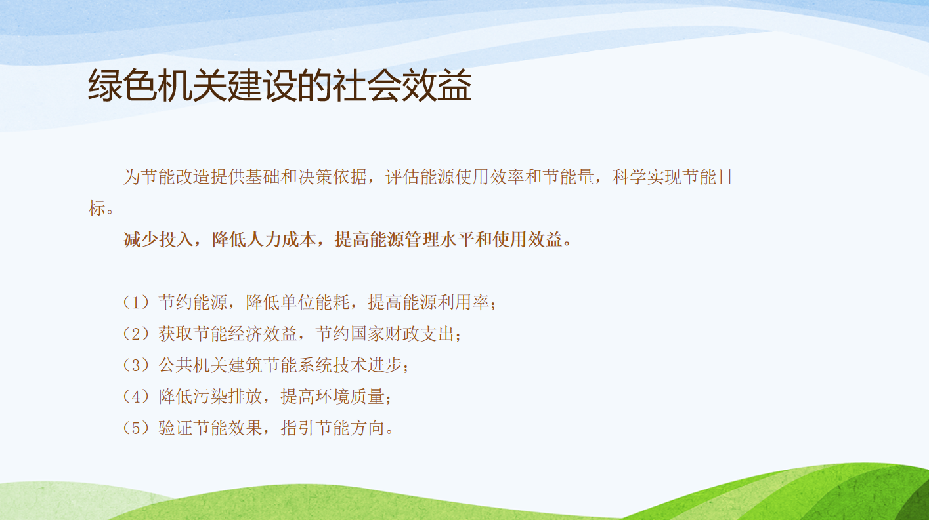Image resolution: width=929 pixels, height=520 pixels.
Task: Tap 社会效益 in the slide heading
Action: point(402,85)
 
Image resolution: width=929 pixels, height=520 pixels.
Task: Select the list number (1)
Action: point(136,302)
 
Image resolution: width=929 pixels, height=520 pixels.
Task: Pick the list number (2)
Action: point(136,334)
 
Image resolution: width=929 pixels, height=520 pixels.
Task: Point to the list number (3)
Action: point(136,365)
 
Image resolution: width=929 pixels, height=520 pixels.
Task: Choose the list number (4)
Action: point(136,397)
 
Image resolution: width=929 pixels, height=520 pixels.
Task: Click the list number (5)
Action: point(136,428)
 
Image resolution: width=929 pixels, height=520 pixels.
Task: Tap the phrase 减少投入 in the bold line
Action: point(158,239)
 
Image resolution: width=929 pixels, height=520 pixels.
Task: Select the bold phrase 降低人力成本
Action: point(264,239)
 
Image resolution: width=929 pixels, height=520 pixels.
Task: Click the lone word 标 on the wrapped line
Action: point(97,208)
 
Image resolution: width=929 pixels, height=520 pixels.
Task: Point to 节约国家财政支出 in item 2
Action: point(385,334)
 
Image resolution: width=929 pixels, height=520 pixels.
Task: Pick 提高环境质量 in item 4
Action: point(333,397)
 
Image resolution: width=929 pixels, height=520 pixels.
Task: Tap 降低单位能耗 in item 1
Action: point(298,302)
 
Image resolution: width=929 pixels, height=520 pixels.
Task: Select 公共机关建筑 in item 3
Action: point(211,365)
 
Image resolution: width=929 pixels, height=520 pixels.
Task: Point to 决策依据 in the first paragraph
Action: point(333,177)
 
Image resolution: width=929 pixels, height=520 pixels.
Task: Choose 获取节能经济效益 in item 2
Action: point(228,334)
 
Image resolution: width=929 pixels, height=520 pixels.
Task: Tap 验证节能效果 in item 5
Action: point(211,428)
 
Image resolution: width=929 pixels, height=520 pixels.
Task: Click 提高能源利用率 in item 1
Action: point(429,302)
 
